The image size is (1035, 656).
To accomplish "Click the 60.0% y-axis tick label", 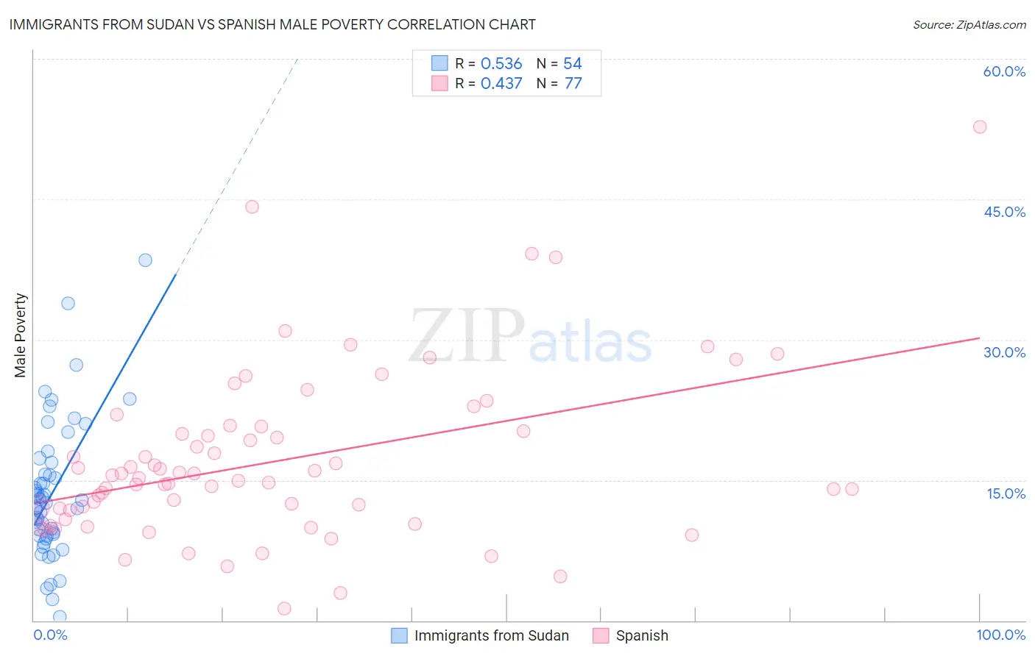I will [x=1004, y=71].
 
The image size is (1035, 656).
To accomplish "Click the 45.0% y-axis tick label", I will [x=1004, y=212].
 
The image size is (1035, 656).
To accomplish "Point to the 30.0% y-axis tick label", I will [x=1004, y=352].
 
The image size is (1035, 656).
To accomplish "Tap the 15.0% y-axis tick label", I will [x=1006, y=493].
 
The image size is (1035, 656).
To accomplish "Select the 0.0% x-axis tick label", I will [x=50, y=635].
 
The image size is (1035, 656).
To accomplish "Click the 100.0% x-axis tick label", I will [x=1000, y=635].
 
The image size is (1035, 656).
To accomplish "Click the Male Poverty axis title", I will [x=20, y=335].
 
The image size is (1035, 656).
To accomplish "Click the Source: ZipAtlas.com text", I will [x=969, y=25].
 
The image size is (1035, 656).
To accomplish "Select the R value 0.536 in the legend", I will [x=501, y=64].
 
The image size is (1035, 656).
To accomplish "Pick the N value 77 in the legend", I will [x=573, y=84].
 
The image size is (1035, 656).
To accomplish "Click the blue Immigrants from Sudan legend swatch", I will [x=399, y=635].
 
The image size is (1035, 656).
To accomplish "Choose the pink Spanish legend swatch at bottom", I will [x=601, y=635].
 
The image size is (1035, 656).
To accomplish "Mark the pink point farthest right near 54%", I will [x=979, y=126].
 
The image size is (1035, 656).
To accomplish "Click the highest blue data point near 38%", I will [x=145, y=260].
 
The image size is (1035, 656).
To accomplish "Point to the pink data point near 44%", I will [x=252, y=207].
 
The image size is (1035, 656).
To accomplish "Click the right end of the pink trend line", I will [x=979, y=338].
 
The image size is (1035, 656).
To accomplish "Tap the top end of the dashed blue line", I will [x=297, y=59].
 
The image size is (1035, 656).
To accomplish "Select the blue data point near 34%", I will [x=68, y=303].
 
